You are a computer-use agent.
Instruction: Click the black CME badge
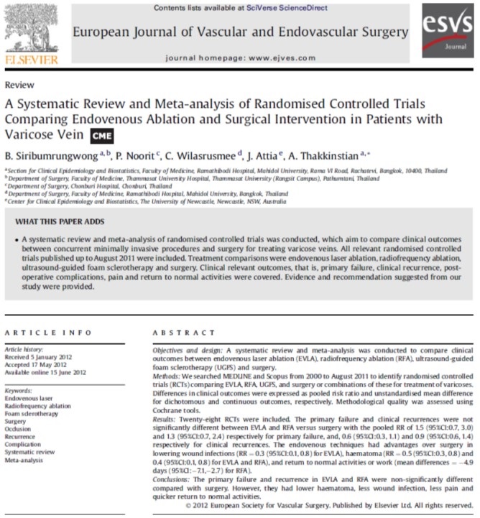click(101, 135)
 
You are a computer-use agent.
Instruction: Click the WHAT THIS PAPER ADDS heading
click(60, 221)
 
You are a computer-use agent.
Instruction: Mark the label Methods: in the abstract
click(170, 375)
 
